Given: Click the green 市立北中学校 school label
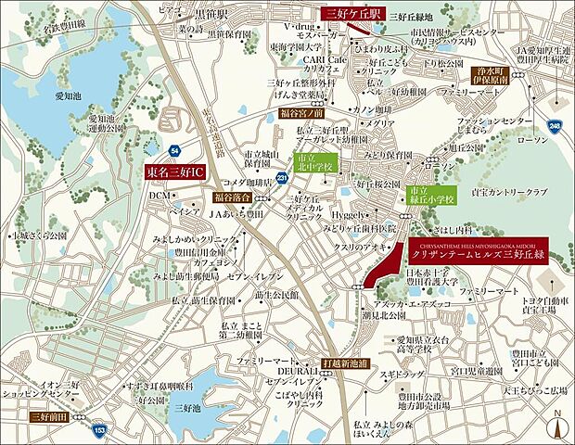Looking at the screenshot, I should [x=313, y=164].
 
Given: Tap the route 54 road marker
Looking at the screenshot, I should [x=174, y=148].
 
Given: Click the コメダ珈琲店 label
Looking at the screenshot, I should [x=246, y=180].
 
